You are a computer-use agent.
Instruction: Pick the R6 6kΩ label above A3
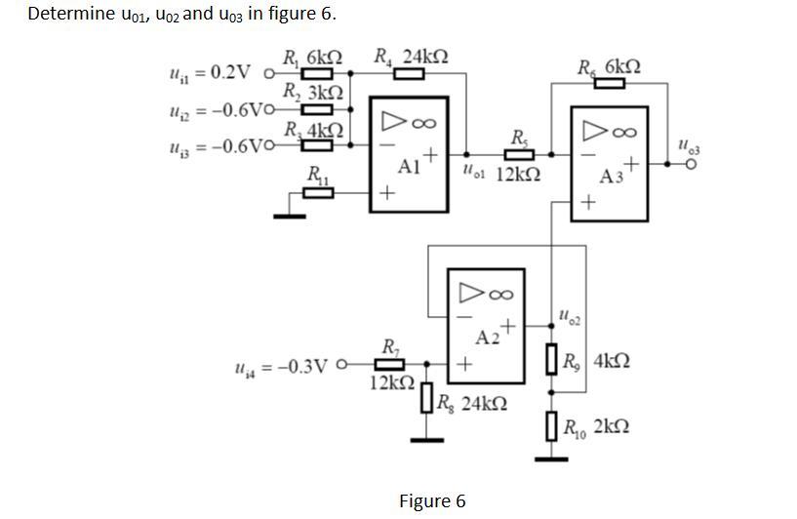(x=609, y=67)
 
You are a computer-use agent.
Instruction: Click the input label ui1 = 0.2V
(x=209, y=73)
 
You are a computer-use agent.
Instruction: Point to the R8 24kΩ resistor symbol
(x=426, y=399)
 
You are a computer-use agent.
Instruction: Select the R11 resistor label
(x=318, y=176)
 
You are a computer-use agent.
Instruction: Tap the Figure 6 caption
(x=432, y=501)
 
